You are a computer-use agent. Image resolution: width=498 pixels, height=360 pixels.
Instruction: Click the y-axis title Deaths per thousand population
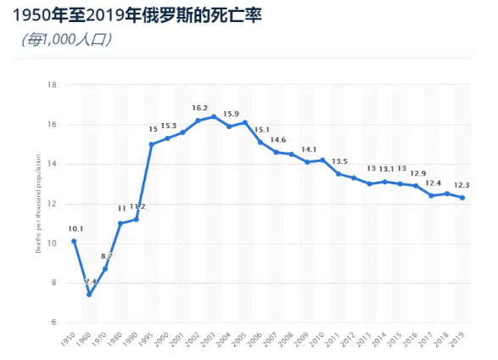(39, 204)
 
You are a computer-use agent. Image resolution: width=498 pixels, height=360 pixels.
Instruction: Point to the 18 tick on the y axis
(52, 85)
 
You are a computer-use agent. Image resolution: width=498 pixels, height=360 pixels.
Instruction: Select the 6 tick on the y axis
(53, 323)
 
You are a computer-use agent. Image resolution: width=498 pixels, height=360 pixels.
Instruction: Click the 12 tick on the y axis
(52, 204)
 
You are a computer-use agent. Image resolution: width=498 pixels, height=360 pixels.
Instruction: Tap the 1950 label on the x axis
(70, 339)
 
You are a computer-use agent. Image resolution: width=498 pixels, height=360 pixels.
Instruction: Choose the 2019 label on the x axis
(458, 339)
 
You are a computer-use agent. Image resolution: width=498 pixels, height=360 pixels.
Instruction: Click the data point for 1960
(89, 295)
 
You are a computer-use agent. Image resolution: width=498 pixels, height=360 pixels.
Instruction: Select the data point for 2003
(214, 116)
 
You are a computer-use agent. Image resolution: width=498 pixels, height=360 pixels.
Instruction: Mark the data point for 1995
(151, 144)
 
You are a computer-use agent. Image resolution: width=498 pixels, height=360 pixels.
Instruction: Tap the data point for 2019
(462, 198)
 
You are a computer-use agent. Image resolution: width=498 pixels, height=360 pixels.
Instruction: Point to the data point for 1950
(74, 241)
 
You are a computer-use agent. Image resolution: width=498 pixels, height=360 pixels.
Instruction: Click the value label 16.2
(199, 108)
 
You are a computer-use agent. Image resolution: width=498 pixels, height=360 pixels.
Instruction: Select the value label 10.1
(75, 228)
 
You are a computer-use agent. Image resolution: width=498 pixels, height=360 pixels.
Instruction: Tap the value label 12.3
(462, 185)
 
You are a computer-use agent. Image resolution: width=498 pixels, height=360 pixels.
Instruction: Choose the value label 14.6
(277, 139)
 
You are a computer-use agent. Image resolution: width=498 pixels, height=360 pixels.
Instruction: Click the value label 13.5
(339, 161)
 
